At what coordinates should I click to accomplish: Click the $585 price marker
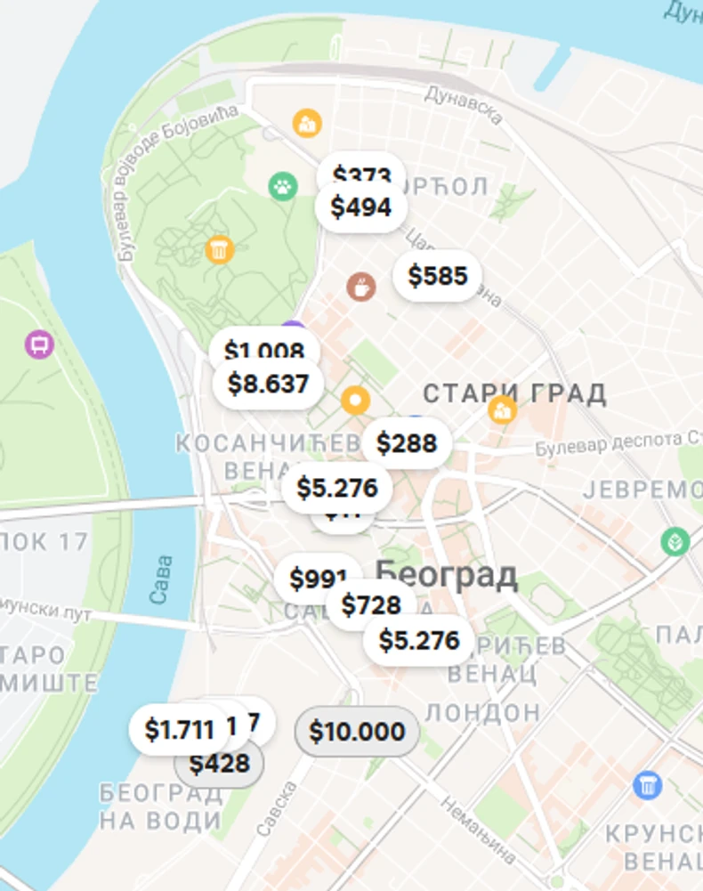point(438,276)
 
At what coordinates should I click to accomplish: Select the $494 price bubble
point(360,207)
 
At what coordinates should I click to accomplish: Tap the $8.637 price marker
point(268,384)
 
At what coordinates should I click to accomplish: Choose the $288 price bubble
point(407,442)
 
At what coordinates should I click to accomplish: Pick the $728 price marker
point(372,605)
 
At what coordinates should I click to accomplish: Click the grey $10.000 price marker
point(357,732)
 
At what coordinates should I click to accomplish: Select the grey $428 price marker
point(219,765)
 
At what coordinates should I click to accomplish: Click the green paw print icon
point(282,187)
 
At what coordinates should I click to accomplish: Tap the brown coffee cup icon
point(360,287)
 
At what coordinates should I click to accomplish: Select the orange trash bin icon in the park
point(219,248)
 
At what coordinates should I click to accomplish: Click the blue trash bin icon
point(647,784)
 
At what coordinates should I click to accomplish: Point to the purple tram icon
point(39,344)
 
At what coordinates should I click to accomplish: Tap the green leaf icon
point(675,541)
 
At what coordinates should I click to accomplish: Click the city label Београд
point(447,575)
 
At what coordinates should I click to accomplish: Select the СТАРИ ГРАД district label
point(514,393)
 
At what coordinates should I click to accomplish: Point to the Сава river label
point(161,579)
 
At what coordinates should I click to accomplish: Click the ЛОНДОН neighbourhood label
point(482,712)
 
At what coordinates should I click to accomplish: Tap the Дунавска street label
point(464,104)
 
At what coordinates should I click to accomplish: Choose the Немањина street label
point(478,828)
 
